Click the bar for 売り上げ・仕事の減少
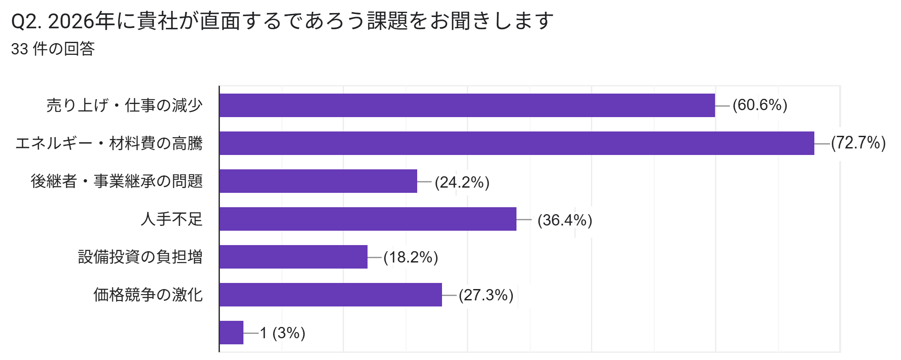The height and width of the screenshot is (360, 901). [x=467, y=105]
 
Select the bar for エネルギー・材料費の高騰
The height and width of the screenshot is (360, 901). [x=516, y=143]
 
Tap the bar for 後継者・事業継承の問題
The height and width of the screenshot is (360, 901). [x=318, y=181]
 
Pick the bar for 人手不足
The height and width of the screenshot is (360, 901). [x=368, y=219]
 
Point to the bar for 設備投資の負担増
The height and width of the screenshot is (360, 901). [x=294, y=257]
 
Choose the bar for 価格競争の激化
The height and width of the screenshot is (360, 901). [x=331, y=295]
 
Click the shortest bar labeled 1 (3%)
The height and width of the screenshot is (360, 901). [x=231, y=333]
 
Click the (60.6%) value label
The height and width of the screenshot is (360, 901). [x=760, y=105]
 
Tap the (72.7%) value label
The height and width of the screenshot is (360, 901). [x=858, y=143]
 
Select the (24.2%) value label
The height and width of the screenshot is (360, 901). [x=462, y=182]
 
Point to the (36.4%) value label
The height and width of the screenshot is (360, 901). [x=565, y=220]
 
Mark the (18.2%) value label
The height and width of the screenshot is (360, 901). [x=411, y=257]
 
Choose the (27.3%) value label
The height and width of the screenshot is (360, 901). [x=486, y=295]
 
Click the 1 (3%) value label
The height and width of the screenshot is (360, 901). [x=283, y=333]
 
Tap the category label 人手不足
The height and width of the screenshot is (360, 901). [x=172, y=219]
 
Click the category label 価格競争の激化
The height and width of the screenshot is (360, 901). [x=148, y=295]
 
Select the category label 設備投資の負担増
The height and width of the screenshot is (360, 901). [x=140, y=257]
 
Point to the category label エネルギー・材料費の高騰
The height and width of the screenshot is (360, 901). [x=109, y=143]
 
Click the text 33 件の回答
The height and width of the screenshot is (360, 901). [x=53, y=49]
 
